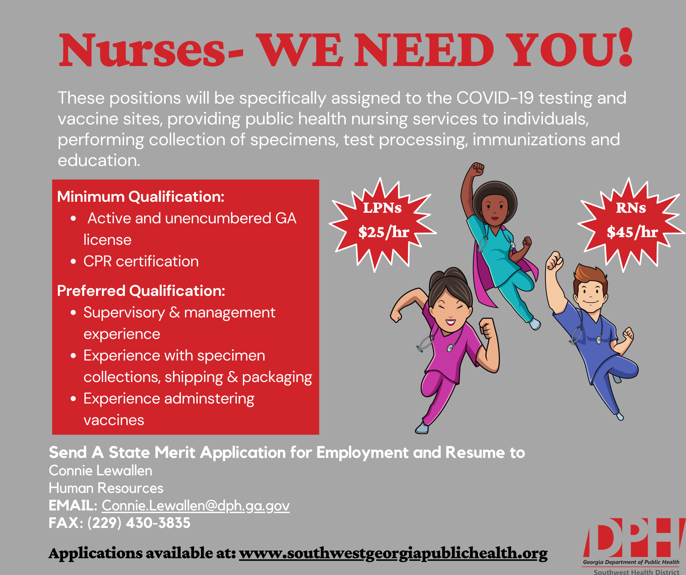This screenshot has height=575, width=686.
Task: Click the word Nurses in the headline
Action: tap(142, 50)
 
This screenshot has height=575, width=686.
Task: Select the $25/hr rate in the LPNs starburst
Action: tap(384, 232)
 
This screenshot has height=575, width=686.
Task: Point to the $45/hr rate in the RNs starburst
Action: tap(632, 232)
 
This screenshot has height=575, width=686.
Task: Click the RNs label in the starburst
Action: tap(631, 208)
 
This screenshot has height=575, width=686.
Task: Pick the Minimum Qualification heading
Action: tap(141, 197)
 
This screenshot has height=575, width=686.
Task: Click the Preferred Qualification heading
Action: tap(141, 291)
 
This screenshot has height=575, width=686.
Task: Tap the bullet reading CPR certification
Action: tap(141, 261)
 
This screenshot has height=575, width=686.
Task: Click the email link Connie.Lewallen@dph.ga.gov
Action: tap(196, 506)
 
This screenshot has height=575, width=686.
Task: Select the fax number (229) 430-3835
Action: tap(139, 523)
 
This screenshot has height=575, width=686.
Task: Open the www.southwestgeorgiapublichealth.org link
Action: tap(393, 553)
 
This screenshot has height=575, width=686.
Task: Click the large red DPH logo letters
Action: tap(634, 537)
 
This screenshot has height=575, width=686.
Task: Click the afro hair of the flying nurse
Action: tap(495, 199)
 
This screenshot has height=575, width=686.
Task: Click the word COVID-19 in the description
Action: tap(495, 98)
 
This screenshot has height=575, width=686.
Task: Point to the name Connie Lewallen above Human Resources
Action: tap(101, 471)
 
